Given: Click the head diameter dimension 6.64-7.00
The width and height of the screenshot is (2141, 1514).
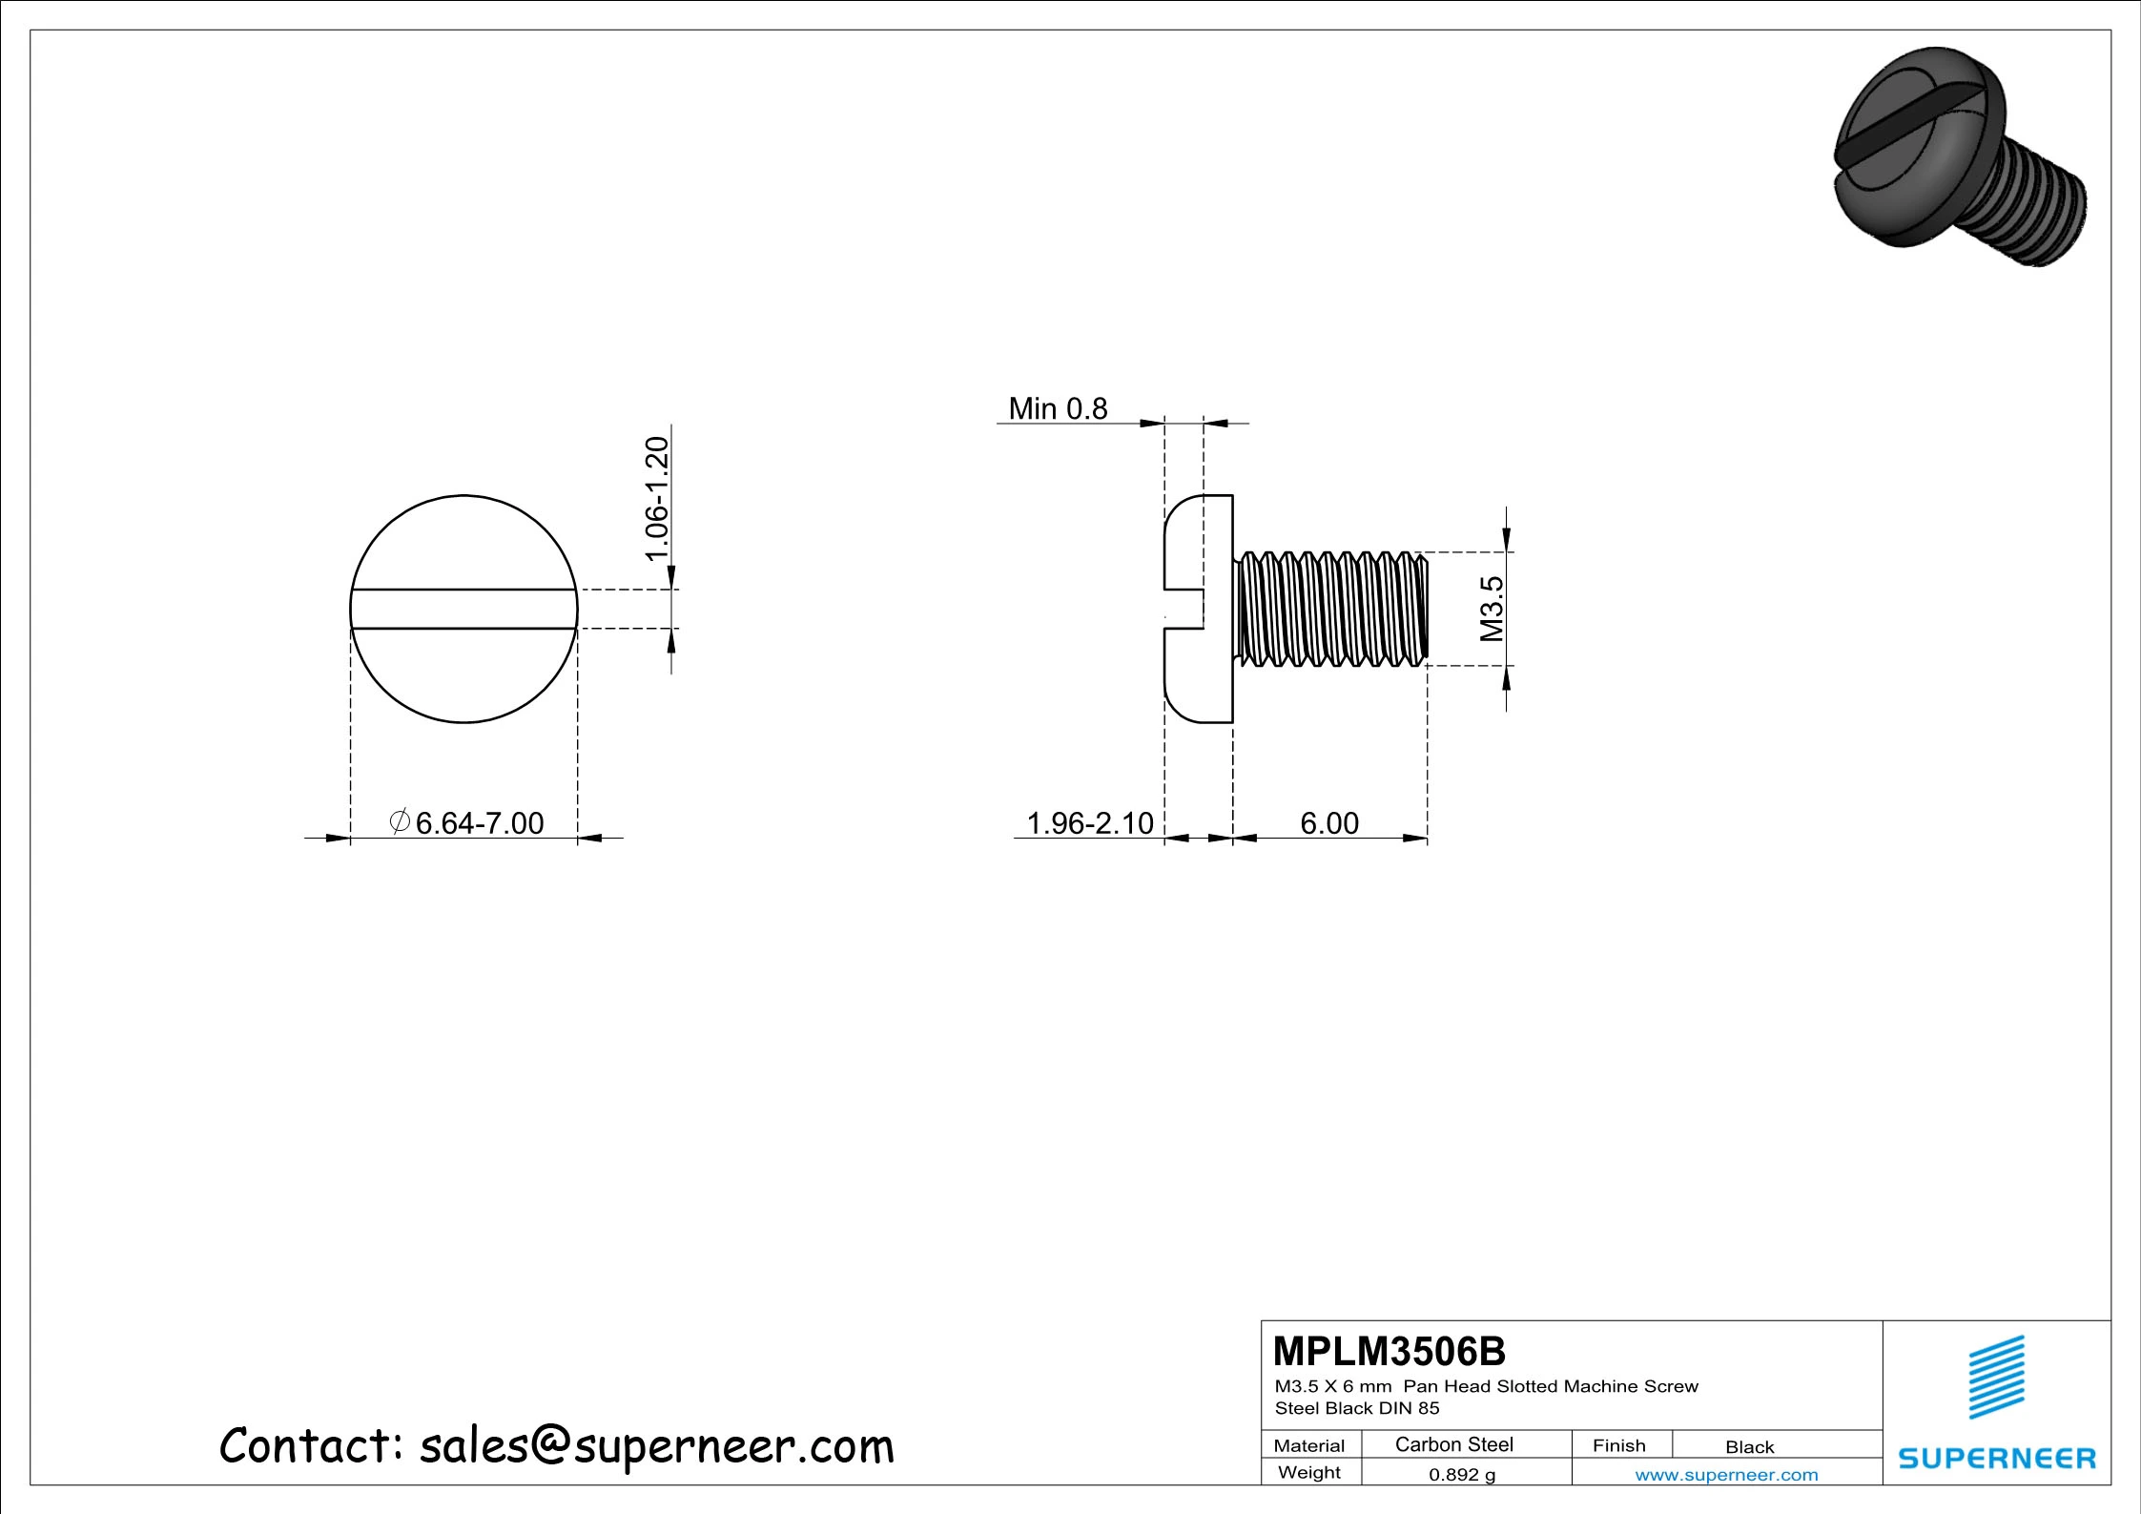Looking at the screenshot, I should pyautogui.click(x=478, y=823).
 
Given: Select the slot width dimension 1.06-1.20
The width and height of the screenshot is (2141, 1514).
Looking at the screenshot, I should pyautogui.click(x=658, y=498).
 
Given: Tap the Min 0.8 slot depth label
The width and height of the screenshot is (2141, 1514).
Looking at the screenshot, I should pyautogui.click(x=1058, y=409).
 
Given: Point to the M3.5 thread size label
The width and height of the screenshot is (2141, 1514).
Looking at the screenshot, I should pyautogui.click(x=1492, y=609).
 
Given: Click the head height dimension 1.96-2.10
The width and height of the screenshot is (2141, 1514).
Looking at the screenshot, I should pyautogui.click(x=1089, y=823).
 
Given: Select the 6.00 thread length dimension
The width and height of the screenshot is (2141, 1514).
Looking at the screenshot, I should pyautogui.click(x=1329, y=823).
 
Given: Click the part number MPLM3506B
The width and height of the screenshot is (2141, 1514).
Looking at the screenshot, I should pyautogui.click(x=1390, y=1351).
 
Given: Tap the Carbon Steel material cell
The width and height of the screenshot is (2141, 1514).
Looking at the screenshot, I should pyautogui.click(x=1453, y=1444).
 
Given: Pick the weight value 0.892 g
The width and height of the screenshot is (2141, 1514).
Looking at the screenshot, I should pyautogui.click(x=1461, y=1475).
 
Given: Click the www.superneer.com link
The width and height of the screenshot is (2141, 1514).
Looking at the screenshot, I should pyautogui.click(x=1726, y=1475).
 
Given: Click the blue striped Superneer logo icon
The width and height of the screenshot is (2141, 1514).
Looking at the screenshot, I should pyautogui.click(x=1997, y=1377).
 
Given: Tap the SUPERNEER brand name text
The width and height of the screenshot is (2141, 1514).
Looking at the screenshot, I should pyautogui.click(x=1997, y=1459).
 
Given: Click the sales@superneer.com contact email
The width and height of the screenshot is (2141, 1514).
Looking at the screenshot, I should pyautogui.click(x=656, y=1446).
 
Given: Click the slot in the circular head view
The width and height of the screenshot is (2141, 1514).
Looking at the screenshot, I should pyautogui.click(x=463, y=609).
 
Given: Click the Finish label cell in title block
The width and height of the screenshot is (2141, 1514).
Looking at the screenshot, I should pyautogui.click(x=1618, y=1445).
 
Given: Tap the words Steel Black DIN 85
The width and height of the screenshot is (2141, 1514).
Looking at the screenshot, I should pyautogui.click(x=1356, y=1408).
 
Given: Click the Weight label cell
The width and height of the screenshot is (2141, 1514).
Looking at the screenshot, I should pyautogui.click(x=1308, y=1473).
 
